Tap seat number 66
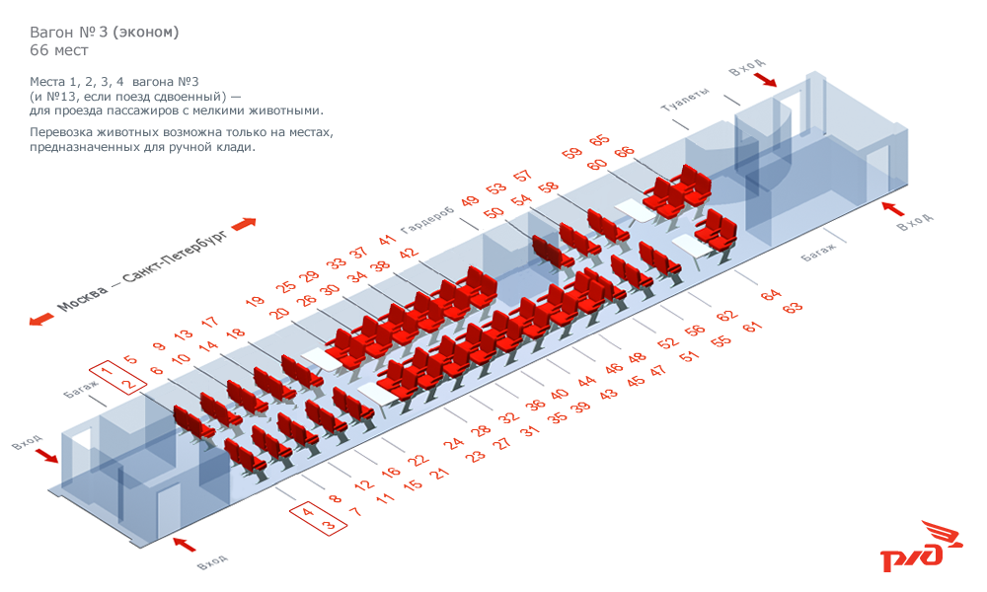tap(625, 153)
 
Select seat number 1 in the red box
tap(107, 370)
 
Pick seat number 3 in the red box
tap(328, 525)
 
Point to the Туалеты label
tap(685, 100)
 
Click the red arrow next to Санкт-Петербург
tap(244, 224)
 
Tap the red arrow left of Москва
tap(42, 320)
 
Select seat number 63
tap(793, 308)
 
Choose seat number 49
tap(470, 201)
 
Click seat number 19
tap(255, 301)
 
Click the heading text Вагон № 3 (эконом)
tap(105, 33)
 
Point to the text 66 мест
tap(59, 50)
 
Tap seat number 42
tap(409, 254)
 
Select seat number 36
tap(535, 405)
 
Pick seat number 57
tap(522, 176)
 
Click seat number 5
tap(130, 359)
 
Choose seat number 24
tap(453, 444)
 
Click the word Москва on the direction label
tap(83, 299)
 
